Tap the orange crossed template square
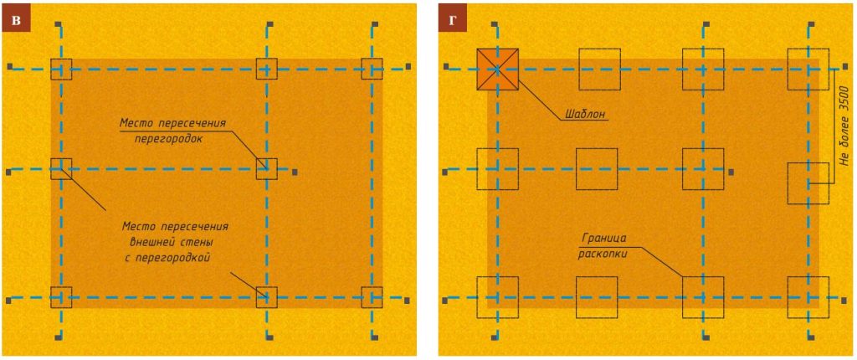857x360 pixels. coord(498,69)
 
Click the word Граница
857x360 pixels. coord(601,239)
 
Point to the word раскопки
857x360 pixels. coord(603,253)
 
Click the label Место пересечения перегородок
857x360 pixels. coord(172,131)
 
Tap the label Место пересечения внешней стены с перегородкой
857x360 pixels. coord(174,242)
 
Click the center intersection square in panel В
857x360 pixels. coord(267,169)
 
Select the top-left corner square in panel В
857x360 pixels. coord(61,69)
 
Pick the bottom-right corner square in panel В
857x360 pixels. coord(372,297)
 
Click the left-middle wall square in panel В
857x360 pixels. coord(61,169)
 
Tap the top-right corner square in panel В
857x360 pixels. coord(372,69)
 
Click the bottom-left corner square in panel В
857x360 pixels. coord(61,297)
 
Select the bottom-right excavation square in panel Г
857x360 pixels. coord(808,297)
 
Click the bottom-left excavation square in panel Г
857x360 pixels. coord(498,297)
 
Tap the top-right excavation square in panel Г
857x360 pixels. coord(808,69)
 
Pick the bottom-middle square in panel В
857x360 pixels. coord(267,297)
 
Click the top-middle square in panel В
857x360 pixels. coord(267,69)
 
